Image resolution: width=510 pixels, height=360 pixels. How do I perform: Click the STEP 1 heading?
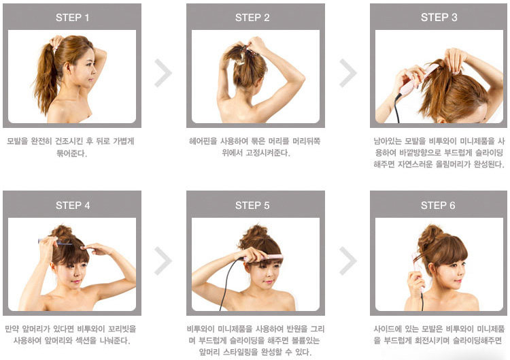tap(72, 18)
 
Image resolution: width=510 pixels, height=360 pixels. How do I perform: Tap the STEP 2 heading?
tap(252, 18)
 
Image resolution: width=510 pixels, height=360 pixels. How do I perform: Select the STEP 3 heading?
tap(439, 17)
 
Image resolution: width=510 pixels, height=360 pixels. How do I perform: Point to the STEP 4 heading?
tap(73, 206)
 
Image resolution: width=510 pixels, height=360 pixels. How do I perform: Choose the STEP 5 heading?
tap(252, 206)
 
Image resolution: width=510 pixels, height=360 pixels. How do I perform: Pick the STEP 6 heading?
tap(438, 206)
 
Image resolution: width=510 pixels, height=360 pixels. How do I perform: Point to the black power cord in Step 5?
tap(228, 282)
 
